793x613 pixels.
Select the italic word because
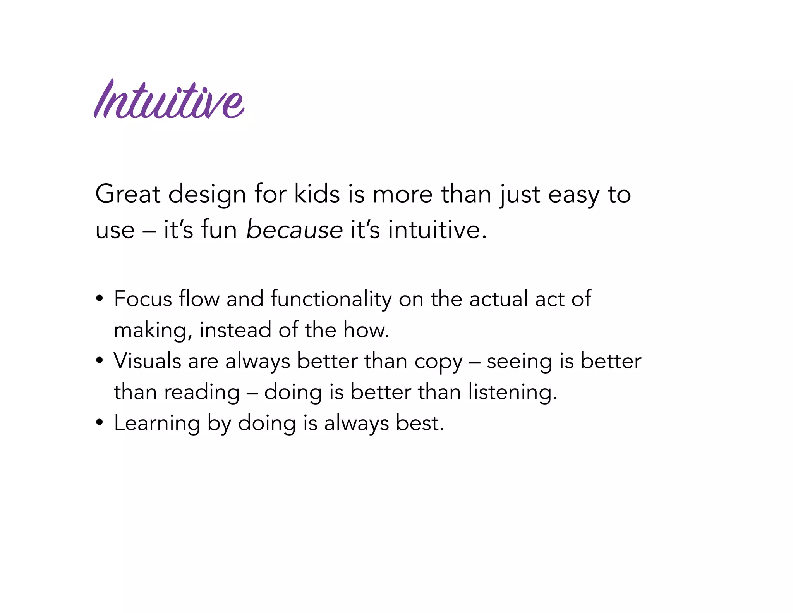(x=294, y=229)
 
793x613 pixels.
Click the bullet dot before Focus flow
(x=100, y=299)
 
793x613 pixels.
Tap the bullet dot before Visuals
(x=100, y=361)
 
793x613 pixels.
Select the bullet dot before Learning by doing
(x=100, y=423)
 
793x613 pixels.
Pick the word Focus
(x=142, y=299)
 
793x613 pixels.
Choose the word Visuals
(x=147, y=361)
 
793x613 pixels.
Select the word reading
(x=202, y=393)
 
